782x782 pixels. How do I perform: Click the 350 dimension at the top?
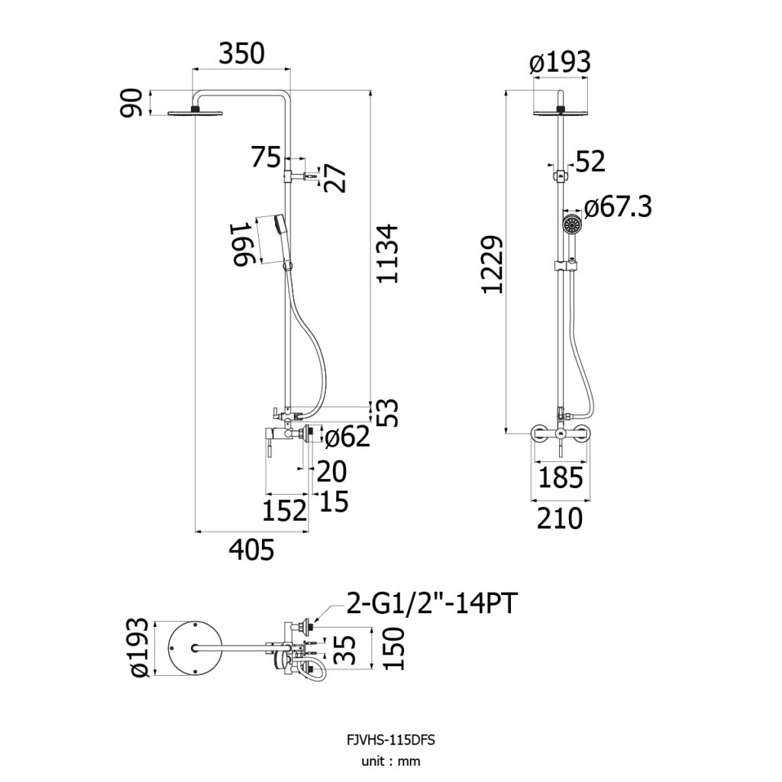(242, 54)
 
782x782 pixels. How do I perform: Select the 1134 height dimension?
(387, 254)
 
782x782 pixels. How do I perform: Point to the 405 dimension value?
(252, 550)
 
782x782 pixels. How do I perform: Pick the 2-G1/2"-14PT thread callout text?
(431, 603)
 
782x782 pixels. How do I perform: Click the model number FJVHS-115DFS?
(390, 740)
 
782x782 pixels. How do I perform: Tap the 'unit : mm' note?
(391, 761)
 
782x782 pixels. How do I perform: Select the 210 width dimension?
(560, 519)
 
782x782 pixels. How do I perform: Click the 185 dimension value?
(561, 477)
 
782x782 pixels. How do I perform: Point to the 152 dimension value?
(284, 509)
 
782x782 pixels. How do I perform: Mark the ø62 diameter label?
(347, 437)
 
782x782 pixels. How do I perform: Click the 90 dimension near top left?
(131, 103)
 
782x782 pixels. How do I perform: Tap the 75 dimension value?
(266, 157)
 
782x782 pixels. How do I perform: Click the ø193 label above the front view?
(560, 63)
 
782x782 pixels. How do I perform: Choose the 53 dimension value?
(389, 412)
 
